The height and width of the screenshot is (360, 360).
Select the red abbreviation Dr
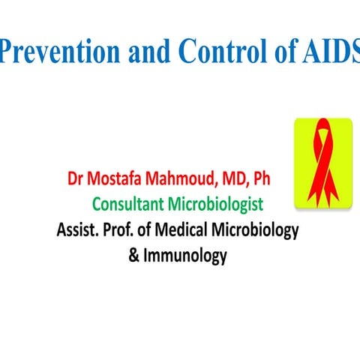(77, 181)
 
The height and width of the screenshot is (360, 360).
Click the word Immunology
(186, 256)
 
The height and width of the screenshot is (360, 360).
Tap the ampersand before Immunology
(134, 256)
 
